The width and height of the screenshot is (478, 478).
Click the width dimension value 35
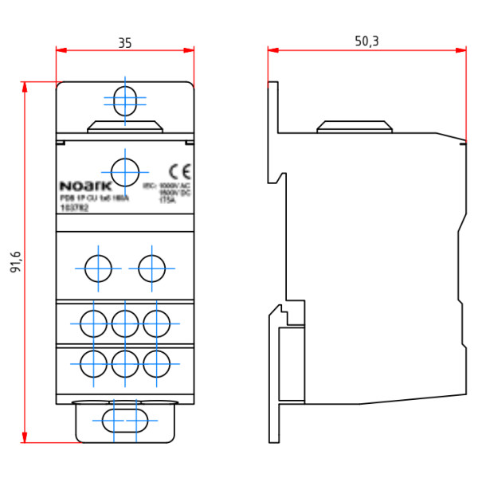[124, 43]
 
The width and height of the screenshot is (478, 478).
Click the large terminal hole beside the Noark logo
[124, 171]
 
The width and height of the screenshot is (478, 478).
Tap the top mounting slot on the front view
[124, 101]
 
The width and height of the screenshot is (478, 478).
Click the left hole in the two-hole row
[98, 268]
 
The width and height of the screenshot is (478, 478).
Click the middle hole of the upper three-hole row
[124, 323]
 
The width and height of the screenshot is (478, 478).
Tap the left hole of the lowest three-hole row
[93, 365]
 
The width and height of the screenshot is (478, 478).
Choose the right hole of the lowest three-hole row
[156, 365]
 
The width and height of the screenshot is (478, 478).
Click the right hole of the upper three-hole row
[156, 323]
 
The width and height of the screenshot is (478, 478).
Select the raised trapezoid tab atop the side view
[355, 127]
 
